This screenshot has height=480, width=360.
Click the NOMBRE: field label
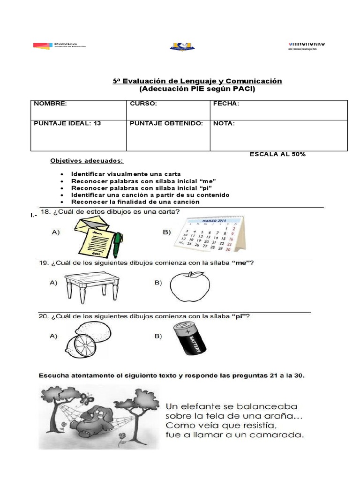pos(50,104)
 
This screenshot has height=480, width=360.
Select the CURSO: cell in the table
pos(143,104)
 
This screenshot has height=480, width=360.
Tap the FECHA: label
pos(226,104)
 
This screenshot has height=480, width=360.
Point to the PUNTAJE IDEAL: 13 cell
pos(67,123)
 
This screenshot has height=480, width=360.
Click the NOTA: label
pos(224,123)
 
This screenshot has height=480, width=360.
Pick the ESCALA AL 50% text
pos(277,154)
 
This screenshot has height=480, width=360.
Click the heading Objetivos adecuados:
pos(87,161)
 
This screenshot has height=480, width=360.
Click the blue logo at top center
pos(182,46)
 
